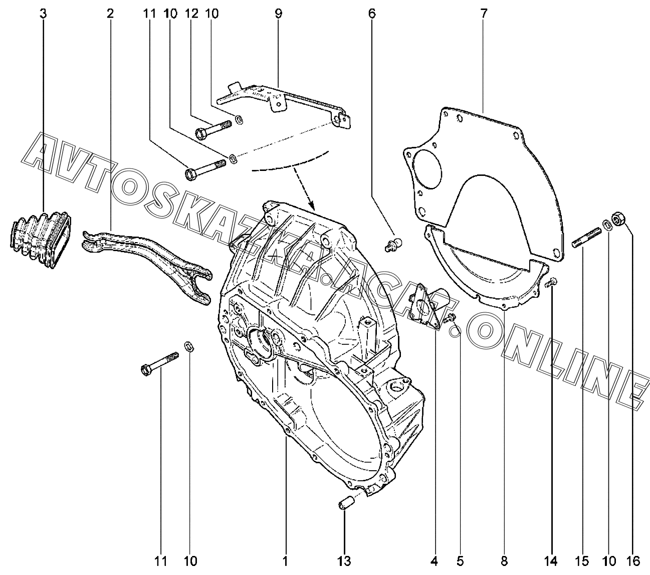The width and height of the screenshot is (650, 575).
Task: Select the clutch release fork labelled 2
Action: (x=150, y=256)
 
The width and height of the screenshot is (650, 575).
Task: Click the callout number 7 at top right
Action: (x=484, y=14)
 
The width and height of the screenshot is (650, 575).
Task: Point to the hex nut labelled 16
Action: (x=618, y=219)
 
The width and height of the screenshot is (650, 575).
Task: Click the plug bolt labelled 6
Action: (x=391, y=245)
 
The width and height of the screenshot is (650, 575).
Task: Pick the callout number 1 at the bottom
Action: (x=285, y=560)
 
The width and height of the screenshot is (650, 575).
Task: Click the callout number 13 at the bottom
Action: (x=344, y=560)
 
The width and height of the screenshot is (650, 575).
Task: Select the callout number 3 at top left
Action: (x=43, y=14)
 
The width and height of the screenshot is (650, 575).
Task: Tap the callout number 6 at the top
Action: (x=371, y=14)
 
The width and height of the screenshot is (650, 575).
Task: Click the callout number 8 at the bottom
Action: (x=504, y=560)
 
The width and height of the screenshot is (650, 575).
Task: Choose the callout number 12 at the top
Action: (x=191, y=14)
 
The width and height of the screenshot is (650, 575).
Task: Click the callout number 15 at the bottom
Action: (x=583, y=560)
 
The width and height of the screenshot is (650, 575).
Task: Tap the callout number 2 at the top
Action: (x=110, y=14)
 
